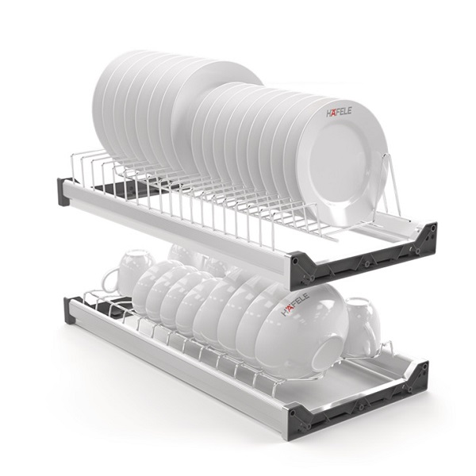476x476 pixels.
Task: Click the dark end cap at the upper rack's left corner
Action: point(63,192)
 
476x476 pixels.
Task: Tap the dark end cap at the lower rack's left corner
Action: point(72,310)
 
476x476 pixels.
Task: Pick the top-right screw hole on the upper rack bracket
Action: point(429,228)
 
